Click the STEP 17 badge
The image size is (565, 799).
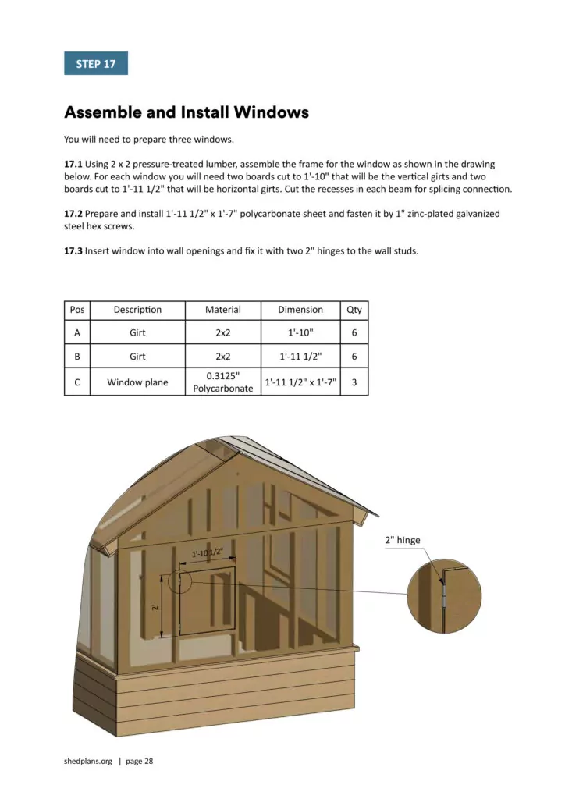pyautogui.click(x=95, y=63)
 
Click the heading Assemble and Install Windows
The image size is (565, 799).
pyautogui.click(x=186, y=112)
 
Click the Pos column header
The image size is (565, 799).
pyautogui.click(x=77, y=310)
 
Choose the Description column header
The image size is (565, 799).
pyautogui.click(x=137, y=310)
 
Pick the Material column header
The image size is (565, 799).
pyautogui.click(x=222, y=310)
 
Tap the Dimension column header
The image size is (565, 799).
pyautogui.click(x=300, y=310)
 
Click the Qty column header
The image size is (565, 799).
pyautogui.click(x=354, y=310)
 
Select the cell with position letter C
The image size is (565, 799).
pyautogui.click(x=77, y=382)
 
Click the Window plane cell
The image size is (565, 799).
pyautogui.click(x=137, y=382)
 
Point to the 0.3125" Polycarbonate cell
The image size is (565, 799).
pyautogui.click(x=222, y=382)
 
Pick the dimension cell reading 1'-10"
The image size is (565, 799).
pyautogui.click(x=300, y=332)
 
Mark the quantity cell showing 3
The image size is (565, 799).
pyautogui.click(x=354, y=382)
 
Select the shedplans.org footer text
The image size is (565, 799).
pyautogui.click(x=88, y=761)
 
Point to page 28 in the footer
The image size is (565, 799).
pyautogui.click(x=139, y=761)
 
